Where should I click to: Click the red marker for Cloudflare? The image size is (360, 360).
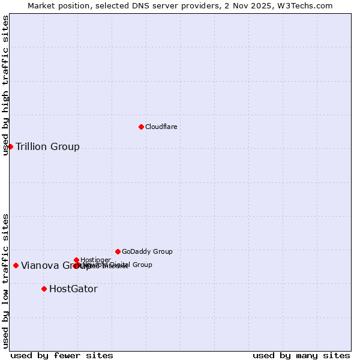coord(141,127)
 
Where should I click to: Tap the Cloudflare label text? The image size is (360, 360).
coord(161,127)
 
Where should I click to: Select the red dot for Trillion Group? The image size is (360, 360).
coord(10,146)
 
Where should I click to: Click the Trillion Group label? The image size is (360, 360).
coord(47,146)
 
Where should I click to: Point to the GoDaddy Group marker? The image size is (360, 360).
coord(118,251)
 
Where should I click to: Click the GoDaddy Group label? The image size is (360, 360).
coord(147,251)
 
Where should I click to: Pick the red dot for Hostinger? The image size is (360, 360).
coord(77,260)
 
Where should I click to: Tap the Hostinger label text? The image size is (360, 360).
coord(95,260)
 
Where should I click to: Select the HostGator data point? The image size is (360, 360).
coord(44,289)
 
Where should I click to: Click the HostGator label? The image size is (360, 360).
coord(73,289)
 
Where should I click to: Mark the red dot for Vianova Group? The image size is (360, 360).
coord(16,265)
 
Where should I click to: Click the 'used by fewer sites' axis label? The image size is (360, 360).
coord(62,355)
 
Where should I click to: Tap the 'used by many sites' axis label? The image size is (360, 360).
coord(301,355)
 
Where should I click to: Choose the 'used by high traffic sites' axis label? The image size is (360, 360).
coord(5,85)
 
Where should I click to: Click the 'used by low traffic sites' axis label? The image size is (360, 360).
coord(5,281)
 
